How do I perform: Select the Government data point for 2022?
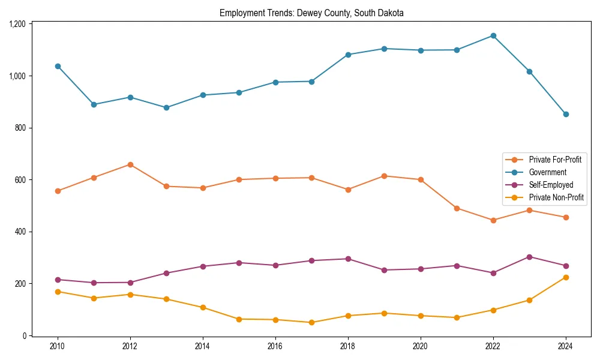[x=493, y=35]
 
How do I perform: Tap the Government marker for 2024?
[x=566, y=114]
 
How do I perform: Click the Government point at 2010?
[x=58, y=66]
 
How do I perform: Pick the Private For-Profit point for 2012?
[x=130, y=164]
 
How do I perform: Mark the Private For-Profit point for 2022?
[x=493, y=220]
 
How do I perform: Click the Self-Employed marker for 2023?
[x=529, y=257]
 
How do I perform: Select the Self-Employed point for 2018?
[x=348, y=259]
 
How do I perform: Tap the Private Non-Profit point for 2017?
[x=312, y=322]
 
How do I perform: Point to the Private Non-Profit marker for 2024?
[x=566, y=277]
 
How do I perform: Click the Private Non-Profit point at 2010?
[x=58, y=292]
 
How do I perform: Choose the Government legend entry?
[x=547, y=172]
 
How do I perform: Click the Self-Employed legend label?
[x=551, y=185]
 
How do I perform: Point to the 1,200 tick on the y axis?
[x=17, y=24]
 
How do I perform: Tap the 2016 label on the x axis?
[x=275, y=346]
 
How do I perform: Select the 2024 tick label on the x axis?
[x=566, y=346]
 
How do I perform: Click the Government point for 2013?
[x=166, y=107]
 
